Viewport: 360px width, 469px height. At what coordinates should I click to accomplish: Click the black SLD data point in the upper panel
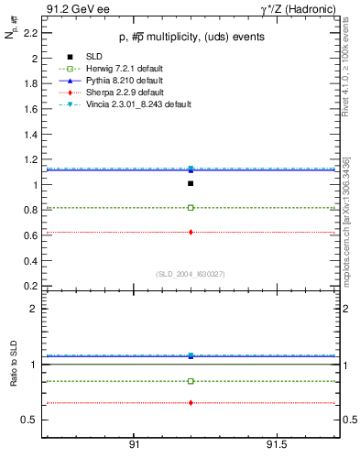click(x=191, y=183)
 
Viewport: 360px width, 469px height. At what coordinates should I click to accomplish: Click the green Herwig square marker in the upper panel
click(x=191, y=208)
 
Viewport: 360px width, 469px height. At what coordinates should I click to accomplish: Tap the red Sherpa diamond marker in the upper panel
click(x=191, y=232)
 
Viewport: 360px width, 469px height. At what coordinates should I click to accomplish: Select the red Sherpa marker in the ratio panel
click(x=191, y=403)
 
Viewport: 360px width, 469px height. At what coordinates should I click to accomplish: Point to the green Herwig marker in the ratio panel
click(x=191, y=381)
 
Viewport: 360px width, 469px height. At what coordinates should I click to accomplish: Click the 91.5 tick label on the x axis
click(x=278, y=444)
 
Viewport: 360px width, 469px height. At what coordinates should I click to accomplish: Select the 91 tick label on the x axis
click(x=134, y=444)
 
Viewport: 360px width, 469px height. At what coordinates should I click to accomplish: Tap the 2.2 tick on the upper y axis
click(x=31, y=33)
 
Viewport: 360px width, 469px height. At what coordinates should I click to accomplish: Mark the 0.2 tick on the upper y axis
click(x=31, y=285)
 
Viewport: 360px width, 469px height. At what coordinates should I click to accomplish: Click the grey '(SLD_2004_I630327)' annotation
click(x=190, y=274)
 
